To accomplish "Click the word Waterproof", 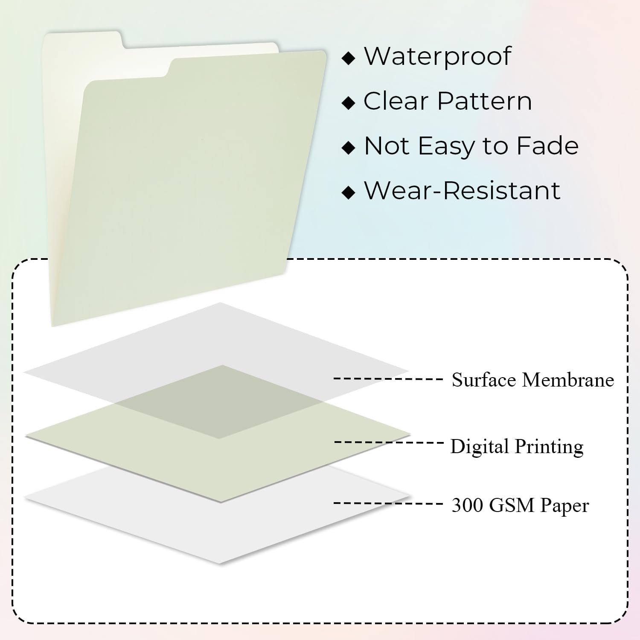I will (437, 56).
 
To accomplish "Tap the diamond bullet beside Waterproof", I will (349, 58).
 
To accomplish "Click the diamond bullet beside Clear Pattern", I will (349, 103).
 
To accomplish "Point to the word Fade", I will (547, 146).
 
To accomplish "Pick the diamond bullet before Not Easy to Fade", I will (349, 148).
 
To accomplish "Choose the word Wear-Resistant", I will (462, 190).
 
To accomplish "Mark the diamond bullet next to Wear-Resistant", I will (349, 192).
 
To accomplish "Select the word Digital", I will (480, 447).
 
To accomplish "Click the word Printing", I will (549, 447).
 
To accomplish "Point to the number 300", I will (467, 505).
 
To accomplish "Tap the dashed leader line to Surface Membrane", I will (388, 378).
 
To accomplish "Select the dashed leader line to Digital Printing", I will (388, 442).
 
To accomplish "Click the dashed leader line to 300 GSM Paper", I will (388, 503).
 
